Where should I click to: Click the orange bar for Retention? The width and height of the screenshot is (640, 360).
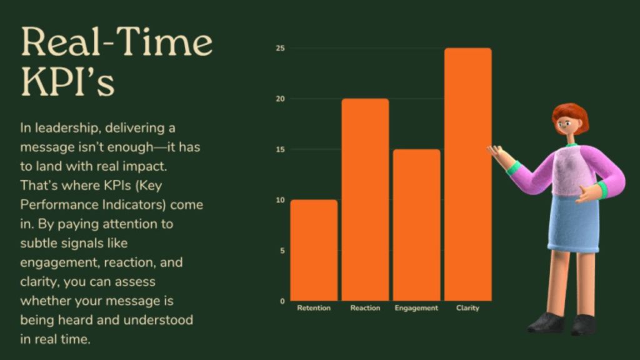(314, 250)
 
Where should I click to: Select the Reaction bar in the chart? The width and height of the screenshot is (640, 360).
(365, 199)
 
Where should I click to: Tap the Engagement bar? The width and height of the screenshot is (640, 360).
(417, 225)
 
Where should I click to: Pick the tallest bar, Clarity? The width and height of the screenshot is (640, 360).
(468, 174)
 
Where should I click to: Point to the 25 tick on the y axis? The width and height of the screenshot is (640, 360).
(281, 48)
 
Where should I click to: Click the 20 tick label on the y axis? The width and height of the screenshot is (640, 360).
(281, 99)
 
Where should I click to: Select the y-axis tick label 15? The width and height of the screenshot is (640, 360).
(281, 149)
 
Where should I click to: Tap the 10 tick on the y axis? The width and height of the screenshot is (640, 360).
(281, 200)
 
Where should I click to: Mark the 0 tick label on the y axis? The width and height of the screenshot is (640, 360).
(282, 301)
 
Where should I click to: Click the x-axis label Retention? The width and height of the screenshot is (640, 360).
(314, 307)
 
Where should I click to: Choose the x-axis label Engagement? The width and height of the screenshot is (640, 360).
(416, 308)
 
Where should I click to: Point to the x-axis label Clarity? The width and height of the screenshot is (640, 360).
(467, 308)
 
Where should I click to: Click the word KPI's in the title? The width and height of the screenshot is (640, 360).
(67, 81)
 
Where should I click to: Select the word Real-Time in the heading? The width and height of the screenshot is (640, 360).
(117, 42)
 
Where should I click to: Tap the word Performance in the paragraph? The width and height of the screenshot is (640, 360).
(58, 204)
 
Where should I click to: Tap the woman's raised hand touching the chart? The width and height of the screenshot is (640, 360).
(498, 154)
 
